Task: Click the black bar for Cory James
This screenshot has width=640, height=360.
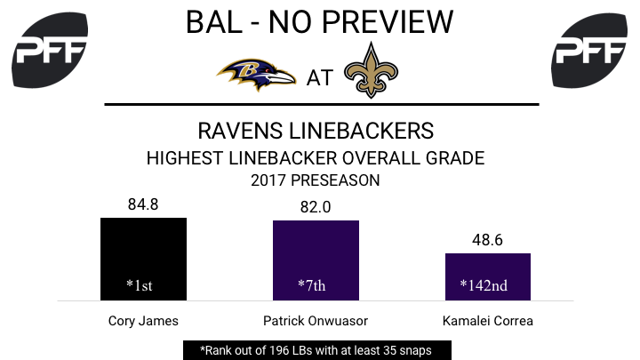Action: [x=143, y=259]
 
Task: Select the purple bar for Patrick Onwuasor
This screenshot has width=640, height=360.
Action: [x=316, y=260]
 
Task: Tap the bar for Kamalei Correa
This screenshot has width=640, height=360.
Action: [x=488, y=276]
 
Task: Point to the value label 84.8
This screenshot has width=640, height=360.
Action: [x=143, y=204]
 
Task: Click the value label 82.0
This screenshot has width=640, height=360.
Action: [x=316, y=207]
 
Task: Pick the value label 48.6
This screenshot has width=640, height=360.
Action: [x=487, y=240]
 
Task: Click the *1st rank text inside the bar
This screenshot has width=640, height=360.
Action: [x=140, y=285]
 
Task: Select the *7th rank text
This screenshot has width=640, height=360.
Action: [x=312, y=285]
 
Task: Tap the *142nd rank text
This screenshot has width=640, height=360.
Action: [x=484, y=285]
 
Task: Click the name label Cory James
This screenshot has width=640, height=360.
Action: [x=143, y=321]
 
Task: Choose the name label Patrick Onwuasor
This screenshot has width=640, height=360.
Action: [x=316, y=321]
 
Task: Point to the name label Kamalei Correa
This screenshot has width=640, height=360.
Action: [x=488, y=321]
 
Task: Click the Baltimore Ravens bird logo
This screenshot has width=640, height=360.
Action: [x=256, y=75]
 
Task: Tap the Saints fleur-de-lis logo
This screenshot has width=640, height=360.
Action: [x=371, y=70]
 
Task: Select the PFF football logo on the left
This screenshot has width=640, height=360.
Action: [x=50, y=50]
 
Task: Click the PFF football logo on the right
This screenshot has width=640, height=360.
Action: [x=589, y=50]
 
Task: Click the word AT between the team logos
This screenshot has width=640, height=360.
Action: [x=320, y=78]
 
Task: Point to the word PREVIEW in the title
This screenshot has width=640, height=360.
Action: [x=388, y=22]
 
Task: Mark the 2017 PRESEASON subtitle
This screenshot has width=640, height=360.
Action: [x=315, y=180]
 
